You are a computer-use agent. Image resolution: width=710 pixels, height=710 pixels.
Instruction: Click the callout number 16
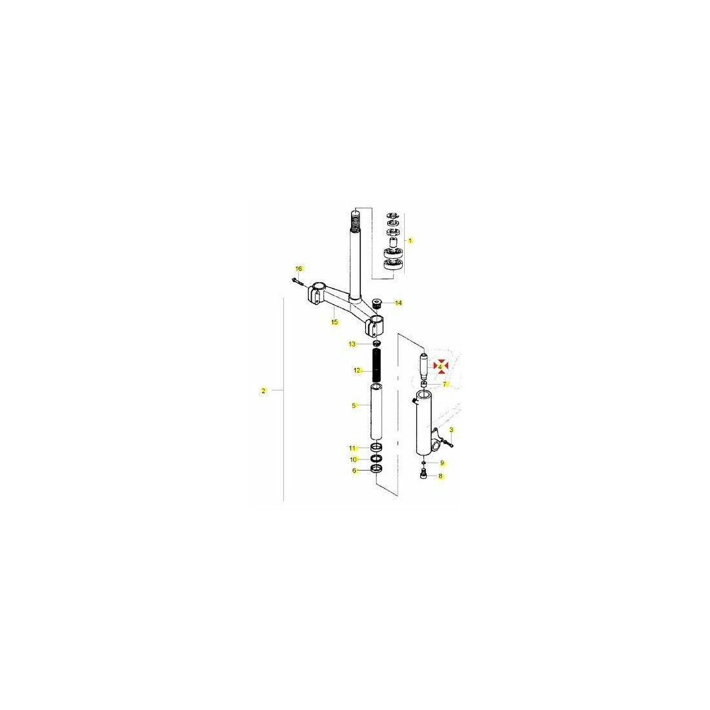pyautogui.click(x=298, y=269)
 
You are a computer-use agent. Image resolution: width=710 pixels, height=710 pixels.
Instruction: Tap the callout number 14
pyautogui.click(x=398, y=303)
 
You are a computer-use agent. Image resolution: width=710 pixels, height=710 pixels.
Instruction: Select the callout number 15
pyautogui.click(x=334, y=322)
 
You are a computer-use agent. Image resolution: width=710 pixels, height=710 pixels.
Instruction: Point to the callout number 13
pyautogui.click(x=352, y=344)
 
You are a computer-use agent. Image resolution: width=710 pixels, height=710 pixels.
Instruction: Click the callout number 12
pyautogui.click(x=357, y=370)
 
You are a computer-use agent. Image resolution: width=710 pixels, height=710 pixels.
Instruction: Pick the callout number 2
pyautogui.click(x=263, y=391)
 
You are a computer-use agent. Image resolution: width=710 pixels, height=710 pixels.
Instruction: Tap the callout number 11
pyautogui.click(x=352, y=449)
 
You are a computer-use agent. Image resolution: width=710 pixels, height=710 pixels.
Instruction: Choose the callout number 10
pyautogui.click(x=353, y=460)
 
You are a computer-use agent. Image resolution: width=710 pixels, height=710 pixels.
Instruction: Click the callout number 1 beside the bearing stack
pyautogui.click(x=411, y=241)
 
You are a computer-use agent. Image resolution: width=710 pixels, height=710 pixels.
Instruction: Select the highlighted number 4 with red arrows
pyautogui.click(x=440, y=367)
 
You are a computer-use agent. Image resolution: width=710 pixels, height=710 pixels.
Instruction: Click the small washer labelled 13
pyautogui.click(x=376, y=343)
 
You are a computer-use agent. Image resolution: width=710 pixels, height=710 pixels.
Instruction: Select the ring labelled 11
pyautogui.click(x=376, y=448)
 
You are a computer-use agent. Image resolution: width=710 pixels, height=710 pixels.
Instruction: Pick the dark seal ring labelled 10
pyautogui.click(x=376, y=459)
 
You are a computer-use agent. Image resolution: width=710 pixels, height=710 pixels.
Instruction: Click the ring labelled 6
pyautogui.click(x=376, y=469)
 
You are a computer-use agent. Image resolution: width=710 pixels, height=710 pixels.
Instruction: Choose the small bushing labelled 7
pyautogui.click(x=424, y=384)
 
